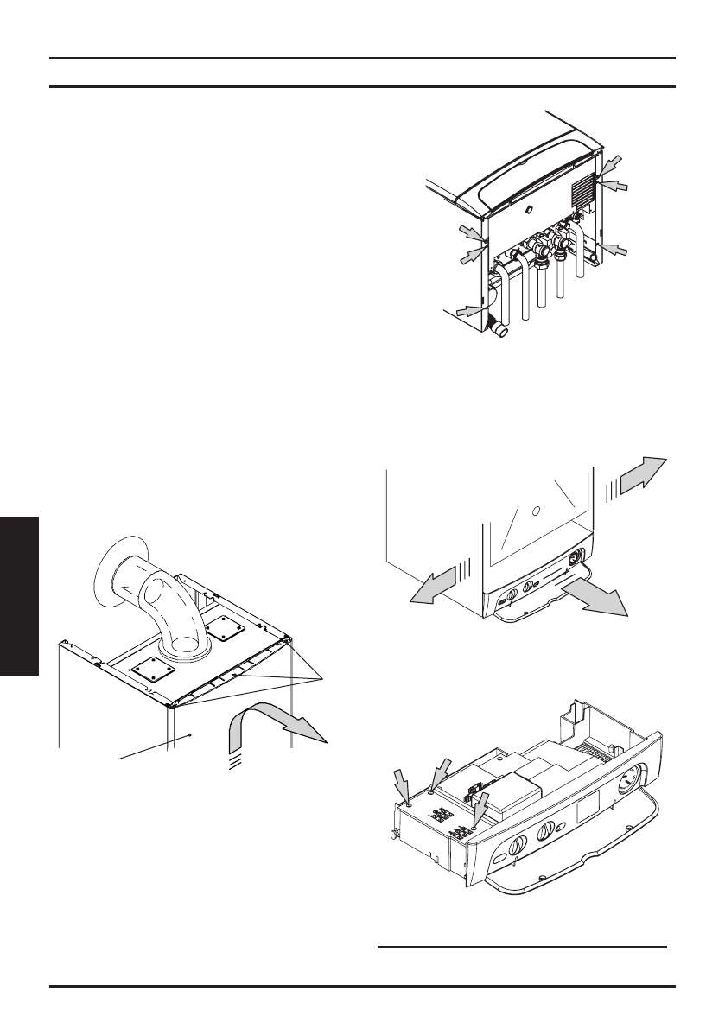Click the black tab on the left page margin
pos(19,596)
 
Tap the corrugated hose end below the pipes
pos(499,327)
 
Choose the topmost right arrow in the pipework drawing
pos(610,164)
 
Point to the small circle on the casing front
pos(537,511)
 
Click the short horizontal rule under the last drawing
pos(523,946)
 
